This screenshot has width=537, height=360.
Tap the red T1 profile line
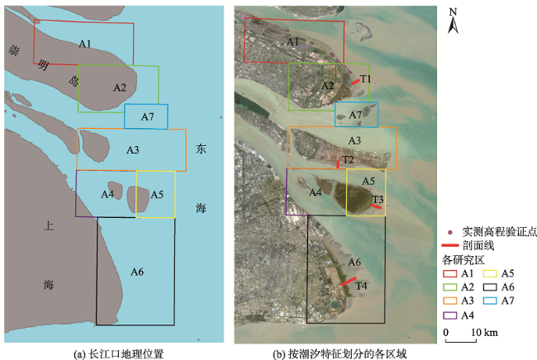[x=356, y=82]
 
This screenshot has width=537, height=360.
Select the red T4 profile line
[x=349, y=282]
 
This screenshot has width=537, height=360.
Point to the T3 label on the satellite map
[x=378, y=199]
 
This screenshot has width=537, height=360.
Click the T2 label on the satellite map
[x=348, y=160]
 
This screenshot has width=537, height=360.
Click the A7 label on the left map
[x=148, y=117]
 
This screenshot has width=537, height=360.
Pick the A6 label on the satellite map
[x=354, y=263]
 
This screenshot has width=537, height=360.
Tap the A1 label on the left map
[x=85, y=44]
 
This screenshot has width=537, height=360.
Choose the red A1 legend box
[x=450, y=273]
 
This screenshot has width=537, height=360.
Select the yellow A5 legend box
[x=490, y=273]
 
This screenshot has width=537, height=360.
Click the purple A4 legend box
[x=450, y=315]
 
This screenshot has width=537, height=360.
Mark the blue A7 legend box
[x=490, y=301]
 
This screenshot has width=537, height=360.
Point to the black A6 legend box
[x=490, y=287]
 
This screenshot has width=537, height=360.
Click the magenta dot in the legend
[x=450, y=233]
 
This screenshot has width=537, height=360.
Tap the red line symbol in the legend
[x=450, y=245]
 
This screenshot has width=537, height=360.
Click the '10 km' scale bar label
[x=485, y=332]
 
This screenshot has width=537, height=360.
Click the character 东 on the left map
[x=201, y=149]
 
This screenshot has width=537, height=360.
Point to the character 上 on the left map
[x=48, y=226]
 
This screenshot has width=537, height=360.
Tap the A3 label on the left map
[x=133, y=150]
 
